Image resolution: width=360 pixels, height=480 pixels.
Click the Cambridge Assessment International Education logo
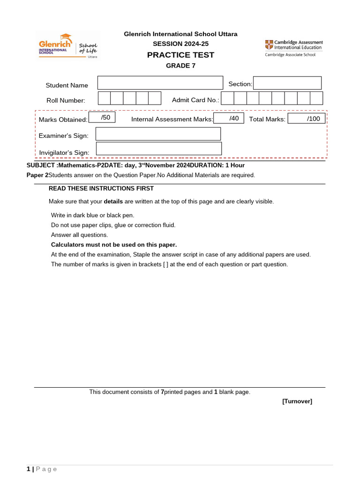pos(293,48)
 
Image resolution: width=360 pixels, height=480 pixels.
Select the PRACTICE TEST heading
pos(180,55)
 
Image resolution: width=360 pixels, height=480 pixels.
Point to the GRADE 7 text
pos(180,66)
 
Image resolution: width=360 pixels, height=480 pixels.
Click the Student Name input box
pos(160,83)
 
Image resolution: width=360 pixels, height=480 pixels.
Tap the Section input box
pos(287,83)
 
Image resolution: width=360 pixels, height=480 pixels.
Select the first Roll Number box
pos(104,98)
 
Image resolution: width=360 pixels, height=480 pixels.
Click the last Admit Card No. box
pos(316,98)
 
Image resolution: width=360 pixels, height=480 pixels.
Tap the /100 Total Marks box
pos(306,119)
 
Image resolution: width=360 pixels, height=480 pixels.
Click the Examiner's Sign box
pos(158,134)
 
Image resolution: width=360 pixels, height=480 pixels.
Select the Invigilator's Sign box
pos(158,149)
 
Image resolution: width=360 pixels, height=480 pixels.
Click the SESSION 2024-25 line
pos(180,44)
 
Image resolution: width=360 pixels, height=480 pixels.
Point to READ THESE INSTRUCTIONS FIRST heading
pos(101,188)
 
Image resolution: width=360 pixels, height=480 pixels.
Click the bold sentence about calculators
pos(114,245)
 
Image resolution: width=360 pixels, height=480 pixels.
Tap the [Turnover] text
pos(297,401)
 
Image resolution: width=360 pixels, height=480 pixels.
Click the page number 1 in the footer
pos(29,469)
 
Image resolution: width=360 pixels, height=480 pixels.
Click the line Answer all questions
pos(79,235)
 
